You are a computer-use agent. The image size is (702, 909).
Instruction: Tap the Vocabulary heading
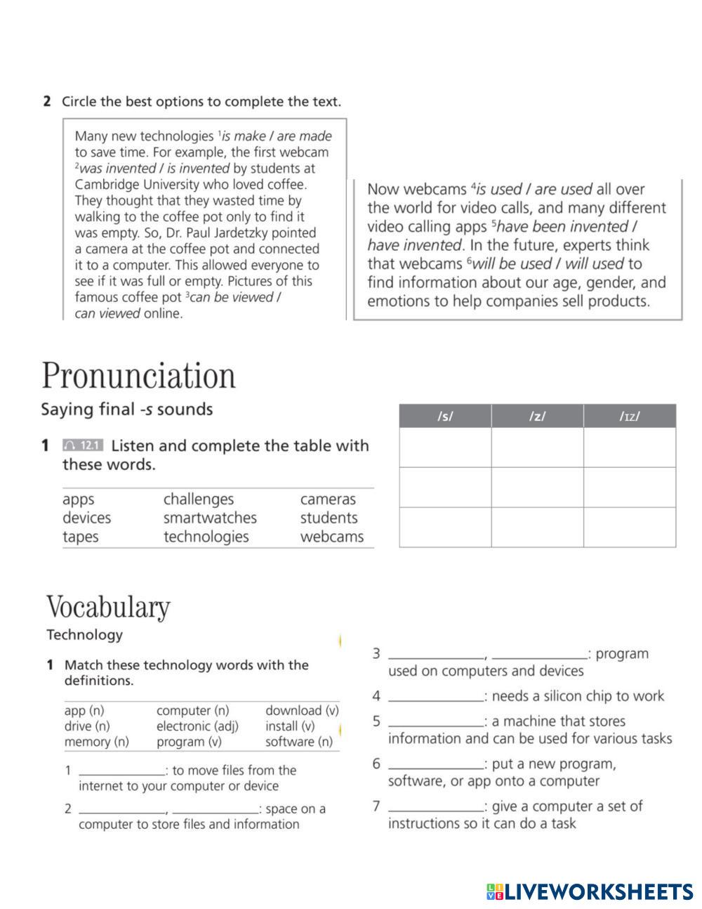tap(108, 607)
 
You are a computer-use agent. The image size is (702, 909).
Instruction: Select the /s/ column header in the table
tap(445, 416)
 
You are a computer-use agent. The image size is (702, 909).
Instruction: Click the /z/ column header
tap(537, 416)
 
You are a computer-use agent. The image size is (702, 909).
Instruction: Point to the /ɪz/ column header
tap(629, 416)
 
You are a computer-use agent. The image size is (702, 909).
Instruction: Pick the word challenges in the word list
tap(198, 499)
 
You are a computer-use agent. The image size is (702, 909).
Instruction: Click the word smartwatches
tap(210, 518)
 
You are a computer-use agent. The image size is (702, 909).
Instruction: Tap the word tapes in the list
tap(80, 537)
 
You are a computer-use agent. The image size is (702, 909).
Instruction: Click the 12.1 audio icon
tap(83, 445)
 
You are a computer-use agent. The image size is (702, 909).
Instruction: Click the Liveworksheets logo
tap(589, 891)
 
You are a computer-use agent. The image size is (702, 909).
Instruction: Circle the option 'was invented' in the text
tap(117, 169)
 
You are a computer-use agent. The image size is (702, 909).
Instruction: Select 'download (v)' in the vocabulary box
tap(302, 710)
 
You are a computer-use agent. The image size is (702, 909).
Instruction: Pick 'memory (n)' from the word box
tap(96, 741)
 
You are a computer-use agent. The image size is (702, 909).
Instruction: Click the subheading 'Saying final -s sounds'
tap(126, 409)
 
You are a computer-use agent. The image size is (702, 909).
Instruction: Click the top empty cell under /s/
tap(445, 447)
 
